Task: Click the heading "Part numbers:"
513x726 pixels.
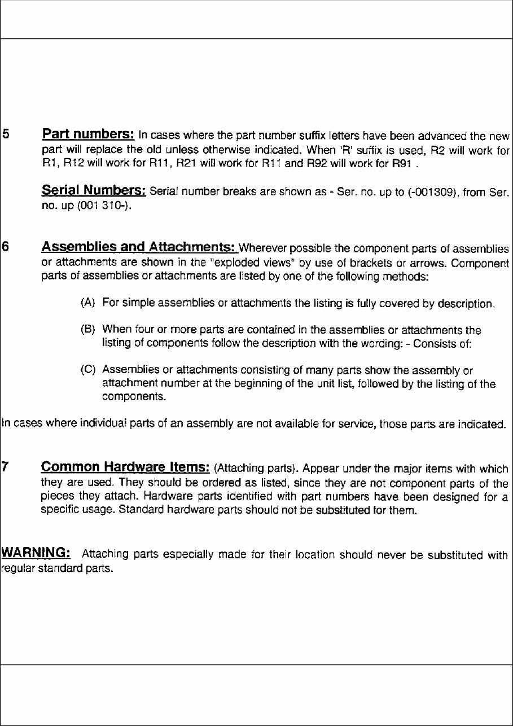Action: pyautogui.click(x=88, y=135)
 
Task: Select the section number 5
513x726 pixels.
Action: pyautogui.click(x=6, y=135)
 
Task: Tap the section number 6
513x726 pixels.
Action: pyautogui.click(x=6, y=248)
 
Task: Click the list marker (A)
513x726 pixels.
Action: pyautogui.click(x=88, y=304)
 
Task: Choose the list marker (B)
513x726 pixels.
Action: pyautogui.click(x=88, y=330)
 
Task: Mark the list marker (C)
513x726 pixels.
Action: pyautogui.click(x=88, y=370)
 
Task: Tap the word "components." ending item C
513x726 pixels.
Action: pyautogui.click(x=134, y=397)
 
